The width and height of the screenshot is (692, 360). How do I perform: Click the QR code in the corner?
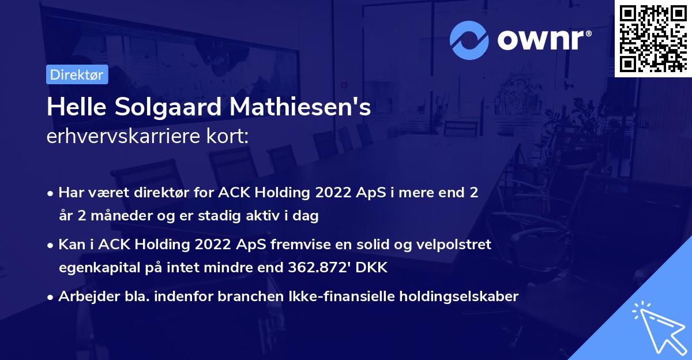pyautogui.click(x=653, y=38)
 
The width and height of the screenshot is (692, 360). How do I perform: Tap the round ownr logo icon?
pyautogui.click(x=469, y=40)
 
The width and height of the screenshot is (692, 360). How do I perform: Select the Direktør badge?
pyautogui.click(x=77, y=75)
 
